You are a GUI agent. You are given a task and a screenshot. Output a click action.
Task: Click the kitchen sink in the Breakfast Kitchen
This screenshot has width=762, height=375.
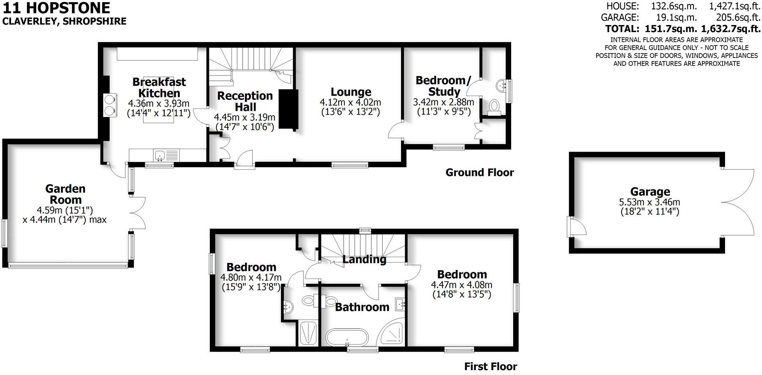tap(160, 155)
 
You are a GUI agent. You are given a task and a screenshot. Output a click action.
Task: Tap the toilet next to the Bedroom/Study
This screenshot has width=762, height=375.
tap(494, 106)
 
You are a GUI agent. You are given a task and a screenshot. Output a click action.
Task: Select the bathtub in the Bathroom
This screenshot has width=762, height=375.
tap(347, 338)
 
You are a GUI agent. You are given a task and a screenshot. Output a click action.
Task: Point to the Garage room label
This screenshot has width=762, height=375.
tap(650, 192)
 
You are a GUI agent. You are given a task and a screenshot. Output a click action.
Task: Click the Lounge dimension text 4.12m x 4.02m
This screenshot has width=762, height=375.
tap(350, 102)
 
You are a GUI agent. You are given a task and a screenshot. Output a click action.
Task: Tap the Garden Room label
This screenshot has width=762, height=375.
tap(65, 194)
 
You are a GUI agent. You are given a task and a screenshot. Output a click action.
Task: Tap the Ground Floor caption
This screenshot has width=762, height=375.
tap(480, 173)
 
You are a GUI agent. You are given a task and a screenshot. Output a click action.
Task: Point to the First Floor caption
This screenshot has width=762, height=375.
tap(490, 366)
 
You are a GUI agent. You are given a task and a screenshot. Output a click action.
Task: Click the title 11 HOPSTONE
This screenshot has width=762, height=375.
tap(56, 7)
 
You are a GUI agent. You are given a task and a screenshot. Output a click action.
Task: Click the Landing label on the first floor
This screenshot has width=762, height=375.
tap(364, 260)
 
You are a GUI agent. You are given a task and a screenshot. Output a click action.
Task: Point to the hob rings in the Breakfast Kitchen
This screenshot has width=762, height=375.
tap(110, 105)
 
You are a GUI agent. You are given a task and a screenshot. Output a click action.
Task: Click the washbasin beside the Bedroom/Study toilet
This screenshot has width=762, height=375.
tap(502, 86)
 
